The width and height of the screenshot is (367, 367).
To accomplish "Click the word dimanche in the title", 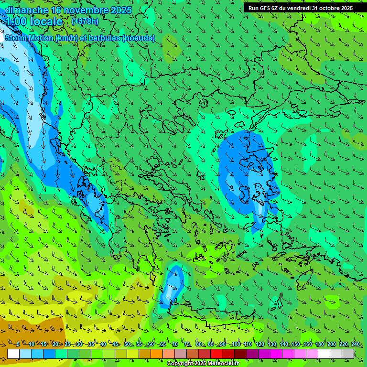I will point(26,10).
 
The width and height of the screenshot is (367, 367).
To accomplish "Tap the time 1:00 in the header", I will point(16,22).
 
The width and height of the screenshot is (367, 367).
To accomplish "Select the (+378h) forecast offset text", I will point(85,21).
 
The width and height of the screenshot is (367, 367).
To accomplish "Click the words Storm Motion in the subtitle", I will point(29,38).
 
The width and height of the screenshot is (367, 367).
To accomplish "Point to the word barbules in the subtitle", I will point(100,38).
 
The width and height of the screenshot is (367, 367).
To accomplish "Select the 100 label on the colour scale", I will point(236,345).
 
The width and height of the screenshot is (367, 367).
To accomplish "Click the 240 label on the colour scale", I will point(356,345).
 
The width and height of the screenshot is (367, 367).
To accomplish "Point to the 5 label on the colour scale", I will point(18,345).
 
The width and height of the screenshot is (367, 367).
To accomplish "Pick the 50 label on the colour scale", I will point(127,345).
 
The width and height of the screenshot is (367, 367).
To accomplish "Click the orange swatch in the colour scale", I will point(157,354).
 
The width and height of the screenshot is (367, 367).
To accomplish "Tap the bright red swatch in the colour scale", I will point(216,354).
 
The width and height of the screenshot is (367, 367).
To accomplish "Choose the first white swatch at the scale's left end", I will point(13,354).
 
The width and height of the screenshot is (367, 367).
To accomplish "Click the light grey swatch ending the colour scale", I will point(348,354).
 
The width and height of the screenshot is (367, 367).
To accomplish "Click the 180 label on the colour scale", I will point(320,345).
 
